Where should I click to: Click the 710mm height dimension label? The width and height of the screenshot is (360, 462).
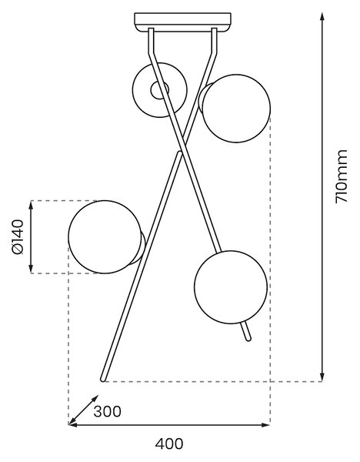click(342, 176)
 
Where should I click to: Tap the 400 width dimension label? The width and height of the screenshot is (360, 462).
click(169, 444)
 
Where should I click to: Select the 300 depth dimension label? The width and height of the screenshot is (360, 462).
click(107, 412)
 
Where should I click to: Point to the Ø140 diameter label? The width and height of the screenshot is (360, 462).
click(18, 236)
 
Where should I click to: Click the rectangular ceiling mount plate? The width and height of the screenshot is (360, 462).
click(182, 22)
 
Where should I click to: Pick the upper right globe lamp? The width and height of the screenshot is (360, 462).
click(236, 109)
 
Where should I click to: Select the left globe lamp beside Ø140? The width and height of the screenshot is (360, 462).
click(105, 237)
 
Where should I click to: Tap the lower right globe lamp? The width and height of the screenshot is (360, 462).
click(231, 287)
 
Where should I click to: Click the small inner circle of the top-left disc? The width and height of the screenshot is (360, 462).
click(159, 90)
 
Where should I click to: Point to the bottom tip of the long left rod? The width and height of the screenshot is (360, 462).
click(103, 380)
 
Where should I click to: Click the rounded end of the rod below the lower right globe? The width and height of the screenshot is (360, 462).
click(248, 339)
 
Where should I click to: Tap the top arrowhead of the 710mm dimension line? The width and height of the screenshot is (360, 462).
click(322, 16)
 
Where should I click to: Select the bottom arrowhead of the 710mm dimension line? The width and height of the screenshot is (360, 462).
click(322, 377)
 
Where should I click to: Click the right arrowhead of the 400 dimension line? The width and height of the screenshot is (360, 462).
click(266, 425)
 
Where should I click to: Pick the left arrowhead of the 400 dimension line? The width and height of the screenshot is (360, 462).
click(73, 425)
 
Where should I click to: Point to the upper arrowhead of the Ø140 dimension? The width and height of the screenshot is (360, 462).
click(31, 205)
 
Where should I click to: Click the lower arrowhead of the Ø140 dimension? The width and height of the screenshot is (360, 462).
click(31, 269)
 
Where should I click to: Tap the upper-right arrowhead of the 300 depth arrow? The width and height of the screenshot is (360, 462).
click(95, 399)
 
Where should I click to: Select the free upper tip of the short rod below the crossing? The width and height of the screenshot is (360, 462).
click(179, 153)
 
